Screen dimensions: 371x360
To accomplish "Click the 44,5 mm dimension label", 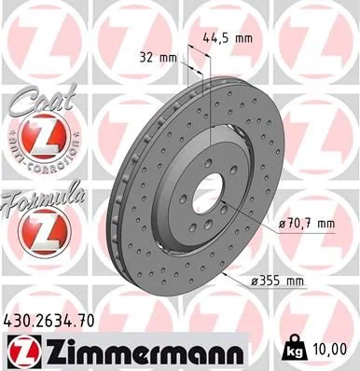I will [x=228, y=39].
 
